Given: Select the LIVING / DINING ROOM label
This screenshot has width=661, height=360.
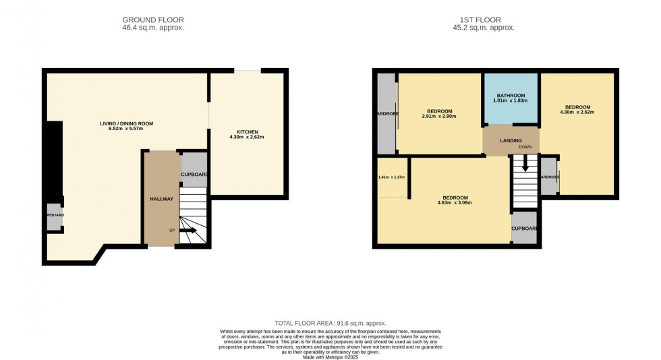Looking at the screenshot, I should [x=127, y=123].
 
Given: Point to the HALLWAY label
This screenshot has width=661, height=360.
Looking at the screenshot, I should [x=162, y=199].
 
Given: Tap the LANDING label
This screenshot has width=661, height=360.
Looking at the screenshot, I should [x=511, y=141].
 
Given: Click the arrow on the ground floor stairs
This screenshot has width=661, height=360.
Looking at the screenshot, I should [x=188, y=231].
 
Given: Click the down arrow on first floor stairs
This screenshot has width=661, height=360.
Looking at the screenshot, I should [x=525, y=166].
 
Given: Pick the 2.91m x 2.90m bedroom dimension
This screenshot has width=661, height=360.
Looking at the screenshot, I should [x=439, y=117].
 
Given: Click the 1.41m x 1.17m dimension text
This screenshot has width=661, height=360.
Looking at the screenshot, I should [x=392, y=177].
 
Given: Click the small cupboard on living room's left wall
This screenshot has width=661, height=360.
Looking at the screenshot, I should [x=55, y=216].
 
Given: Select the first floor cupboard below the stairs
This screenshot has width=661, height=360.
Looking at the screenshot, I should [x=524, y=228].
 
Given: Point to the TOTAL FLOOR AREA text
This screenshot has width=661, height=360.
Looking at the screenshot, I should [x=330, y=324].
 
